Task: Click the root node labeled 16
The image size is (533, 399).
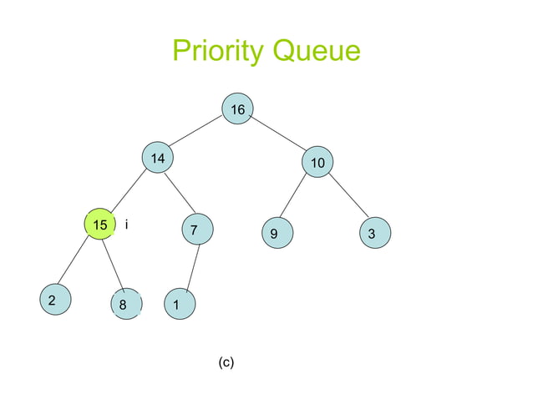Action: coord(238,109)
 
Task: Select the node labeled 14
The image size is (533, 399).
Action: coord(157,158)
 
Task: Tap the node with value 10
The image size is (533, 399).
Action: coord(317,163)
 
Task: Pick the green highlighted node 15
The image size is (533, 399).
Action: coord(100,225)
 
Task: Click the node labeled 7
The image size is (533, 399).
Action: coord(195,229)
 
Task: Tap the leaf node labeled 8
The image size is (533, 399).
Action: coord(124,305)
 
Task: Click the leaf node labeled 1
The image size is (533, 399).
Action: coord(177,305)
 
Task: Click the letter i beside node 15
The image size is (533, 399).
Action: coord(125,225)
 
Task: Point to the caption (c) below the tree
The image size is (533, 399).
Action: coord(226,362)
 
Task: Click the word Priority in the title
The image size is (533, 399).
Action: coord(215,52)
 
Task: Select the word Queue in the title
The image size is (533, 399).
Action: coord(313,52)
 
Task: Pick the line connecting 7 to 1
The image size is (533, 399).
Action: coord(186,267)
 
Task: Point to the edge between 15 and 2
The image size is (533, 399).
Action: coord(75,264)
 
